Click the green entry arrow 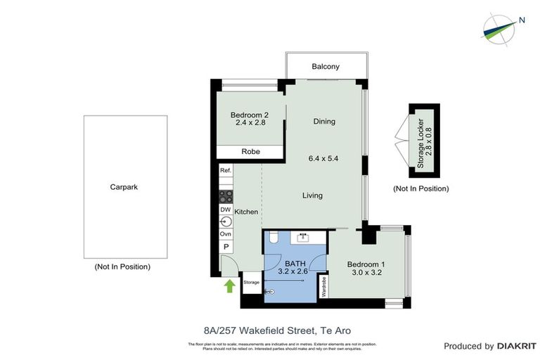coord(228,285)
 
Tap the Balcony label coord(326,67)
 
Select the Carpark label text coord(125,187)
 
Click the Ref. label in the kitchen coord(226,171)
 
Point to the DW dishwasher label coord(226,210)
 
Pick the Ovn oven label coord(226,233)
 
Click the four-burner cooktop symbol coord(226,196)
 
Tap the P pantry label coord(226,247)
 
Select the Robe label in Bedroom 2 coord(250,151)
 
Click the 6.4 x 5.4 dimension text coord(323,159)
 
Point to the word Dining coord(324,122)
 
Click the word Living coord(312,195)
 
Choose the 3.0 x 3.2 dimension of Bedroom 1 coord(366,275)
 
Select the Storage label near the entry coord(251,282)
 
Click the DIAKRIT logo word coord(517,346)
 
